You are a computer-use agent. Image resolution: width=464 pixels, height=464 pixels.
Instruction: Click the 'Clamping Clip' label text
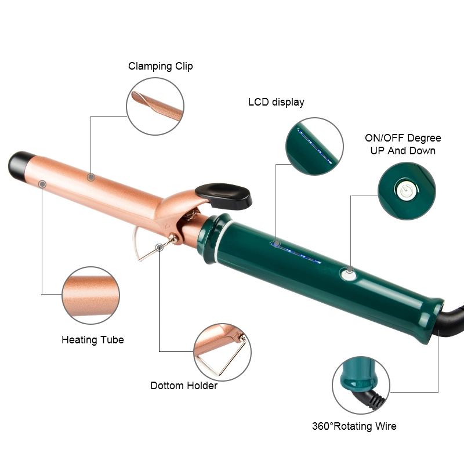tap(161, 66)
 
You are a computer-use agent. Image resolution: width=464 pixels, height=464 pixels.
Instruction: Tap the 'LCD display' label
tap(276, 102)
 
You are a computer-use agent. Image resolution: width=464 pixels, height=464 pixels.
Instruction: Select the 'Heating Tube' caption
tap(93, 340)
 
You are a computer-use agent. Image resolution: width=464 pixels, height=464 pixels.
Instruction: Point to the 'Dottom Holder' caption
tap(184, 386)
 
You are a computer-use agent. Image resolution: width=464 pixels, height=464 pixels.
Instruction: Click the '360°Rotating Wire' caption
tap(354, 426)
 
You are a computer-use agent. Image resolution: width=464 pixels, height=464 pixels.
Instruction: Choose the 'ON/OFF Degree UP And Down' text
tap(403, 144)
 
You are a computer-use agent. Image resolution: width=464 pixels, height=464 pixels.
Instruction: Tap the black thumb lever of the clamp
tap(224, 195)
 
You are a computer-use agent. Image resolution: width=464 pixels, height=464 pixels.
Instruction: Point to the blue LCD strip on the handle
tap(295, 253)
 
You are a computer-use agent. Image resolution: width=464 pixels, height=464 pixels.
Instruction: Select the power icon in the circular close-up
tap(407, 190)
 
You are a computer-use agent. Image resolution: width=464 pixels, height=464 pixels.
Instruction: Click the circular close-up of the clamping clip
tap(155, 106)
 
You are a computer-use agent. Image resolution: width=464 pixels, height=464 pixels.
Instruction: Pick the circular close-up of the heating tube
tap(91, 295)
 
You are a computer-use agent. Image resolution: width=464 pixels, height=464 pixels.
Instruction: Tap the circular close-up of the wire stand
tap(222, 352)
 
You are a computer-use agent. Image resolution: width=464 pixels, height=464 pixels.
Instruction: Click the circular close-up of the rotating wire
tap(361, 385)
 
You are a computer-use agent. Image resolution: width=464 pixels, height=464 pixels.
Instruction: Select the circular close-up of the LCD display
tap(314, 146)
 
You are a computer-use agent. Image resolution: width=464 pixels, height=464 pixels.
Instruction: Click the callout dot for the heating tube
tap(42, 184)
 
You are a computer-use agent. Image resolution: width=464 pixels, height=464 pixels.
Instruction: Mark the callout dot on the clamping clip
tap(91, 177)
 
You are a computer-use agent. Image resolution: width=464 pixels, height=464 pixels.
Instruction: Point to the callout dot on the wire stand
tap(159, 247)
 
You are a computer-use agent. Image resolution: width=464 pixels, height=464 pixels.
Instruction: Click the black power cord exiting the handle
tap(451, 320)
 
